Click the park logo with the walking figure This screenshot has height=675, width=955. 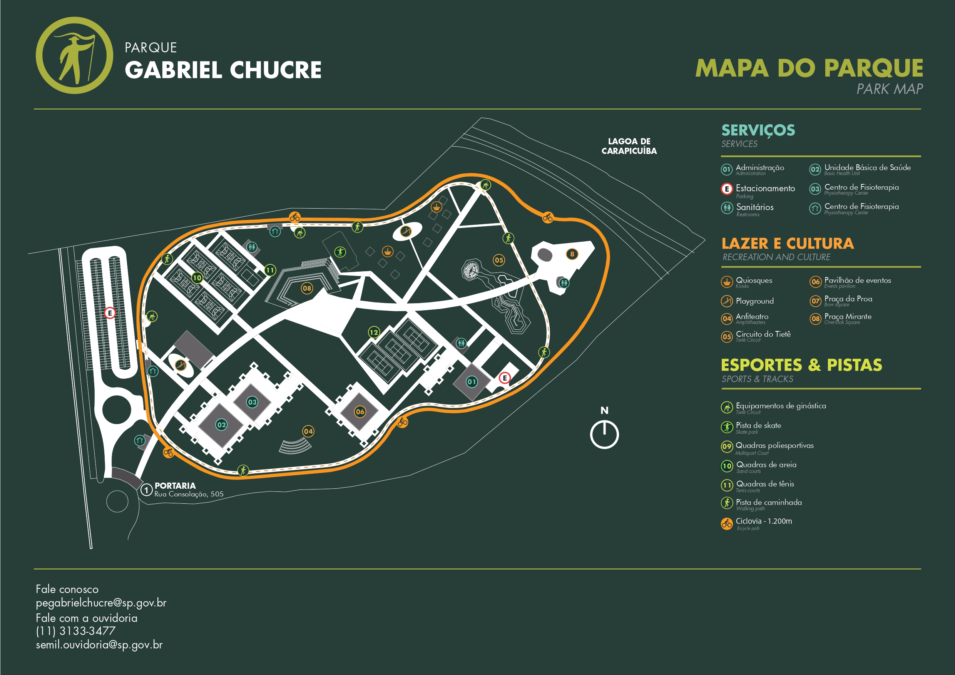74,55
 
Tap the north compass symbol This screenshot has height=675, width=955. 604,434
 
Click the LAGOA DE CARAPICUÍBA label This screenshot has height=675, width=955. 629,146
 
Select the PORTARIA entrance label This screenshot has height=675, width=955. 175,486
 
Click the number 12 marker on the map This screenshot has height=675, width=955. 374,332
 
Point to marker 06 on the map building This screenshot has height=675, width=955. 360,412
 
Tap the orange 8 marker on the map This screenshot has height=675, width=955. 572,254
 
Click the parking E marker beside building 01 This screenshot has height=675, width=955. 505,378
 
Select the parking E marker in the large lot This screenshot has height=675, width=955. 110,313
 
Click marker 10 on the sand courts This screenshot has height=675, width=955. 197,277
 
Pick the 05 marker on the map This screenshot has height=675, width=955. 499,261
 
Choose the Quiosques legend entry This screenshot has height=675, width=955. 747,282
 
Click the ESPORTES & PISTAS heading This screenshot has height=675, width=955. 801,365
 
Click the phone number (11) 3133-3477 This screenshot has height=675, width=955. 75,631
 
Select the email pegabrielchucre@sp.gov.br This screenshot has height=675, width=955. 101,603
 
